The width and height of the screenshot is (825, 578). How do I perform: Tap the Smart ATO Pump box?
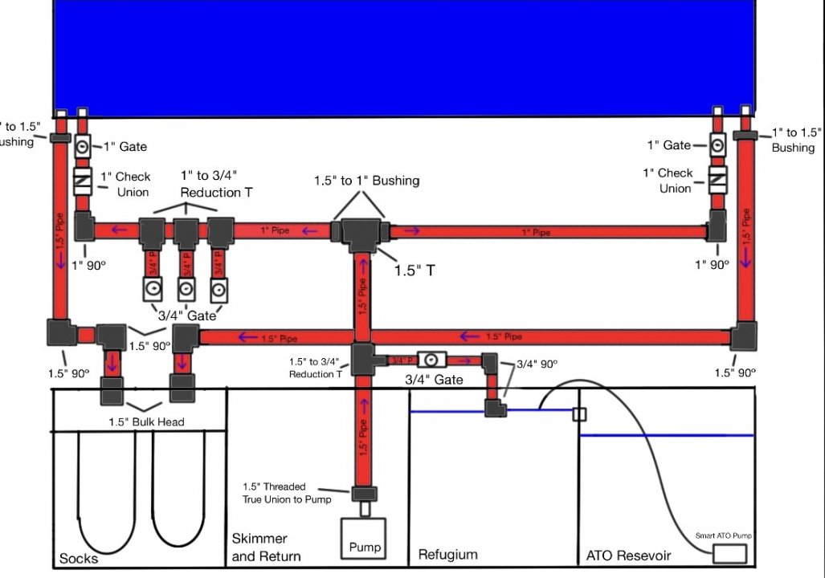pyautogui.click(x=729, y=554)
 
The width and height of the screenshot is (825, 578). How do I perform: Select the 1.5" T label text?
pyautogui.click(x=415, y=271)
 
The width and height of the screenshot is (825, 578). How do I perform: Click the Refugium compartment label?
pyautogui.click(x=448, y=555)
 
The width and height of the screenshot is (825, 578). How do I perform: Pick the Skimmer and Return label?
pyautogui.click(x=266, y=547)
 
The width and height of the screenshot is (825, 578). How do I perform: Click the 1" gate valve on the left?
pyautogui.click(x=84, y=148)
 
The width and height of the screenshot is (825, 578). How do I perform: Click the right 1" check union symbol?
pyautogui.click(x=717, y=181)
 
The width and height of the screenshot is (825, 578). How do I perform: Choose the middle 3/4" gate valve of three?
pyautogui.click(x=186, y=289)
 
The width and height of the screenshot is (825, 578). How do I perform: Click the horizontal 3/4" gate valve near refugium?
pyautogui.click(x=431, y=360)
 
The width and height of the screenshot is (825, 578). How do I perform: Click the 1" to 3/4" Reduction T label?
pyautogui.click(x=210, y=184)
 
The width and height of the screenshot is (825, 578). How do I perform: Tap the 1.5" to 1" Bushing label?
pyautogui.click(x=366, y=181)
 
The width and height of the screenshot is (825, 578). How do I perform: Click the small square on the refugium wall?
pyautogui.click(x=578, y=414)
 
